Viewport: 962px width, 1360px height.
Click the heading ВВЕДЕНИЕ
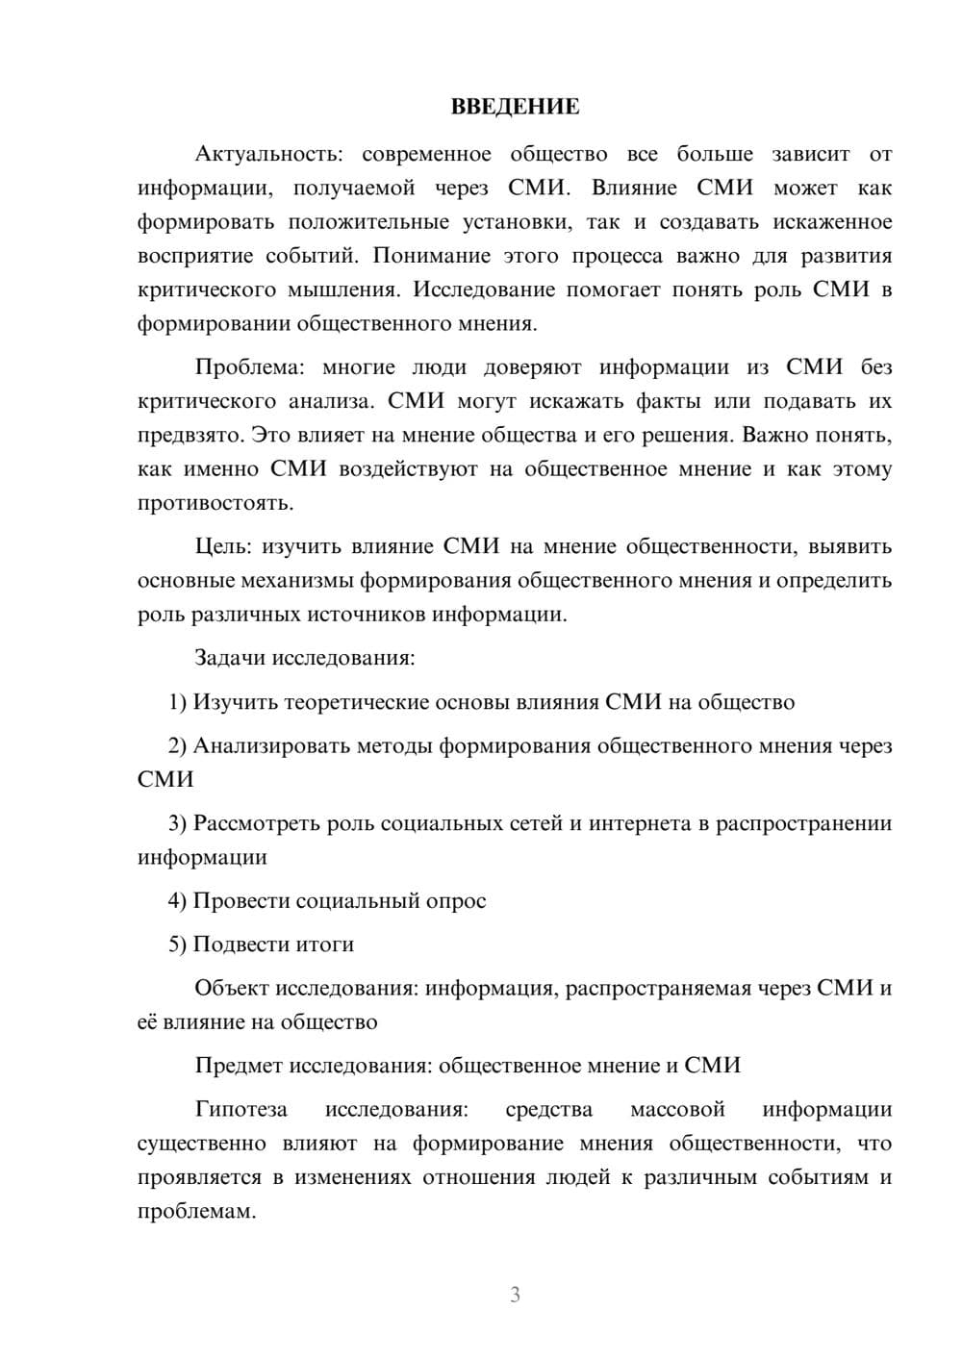click(515, 107)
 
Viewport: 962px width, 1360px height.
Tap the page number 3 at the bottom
click(515, 1295)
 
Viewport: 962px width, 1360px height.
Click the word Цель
click(222, 547)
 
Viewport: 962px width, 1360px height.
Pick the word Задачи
click(231, 659)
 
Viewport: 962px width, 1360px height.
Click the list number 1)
click(178, 702)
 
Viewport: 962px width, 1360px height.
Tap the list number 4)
click(178, 901)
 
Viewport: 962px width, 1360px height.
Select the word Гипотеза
click(240, 1110)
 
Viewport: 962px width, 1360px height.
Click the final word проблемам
click(196, 1212)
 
